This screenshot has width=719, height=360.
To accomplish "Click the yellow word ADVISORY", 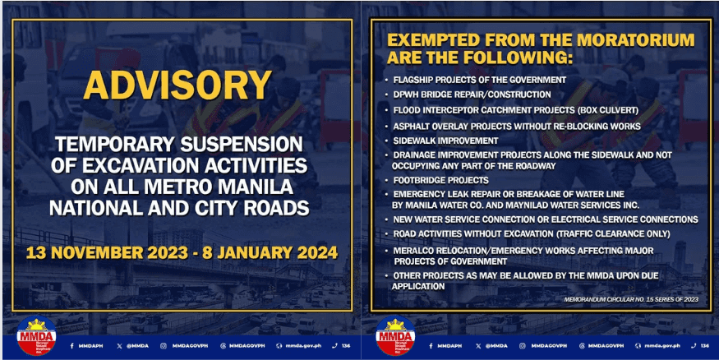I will click(x=178, y=86).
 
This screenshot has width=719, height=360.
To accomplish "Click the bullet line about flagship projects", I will click(x=480, y=80).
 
